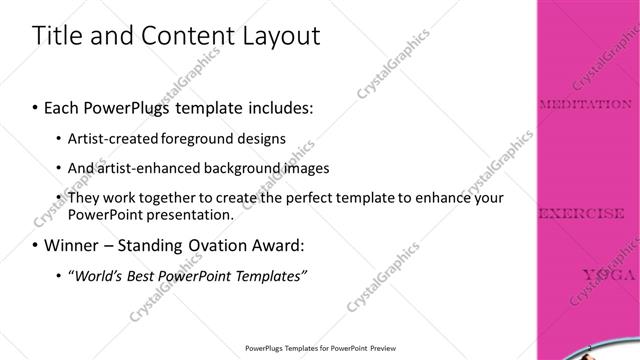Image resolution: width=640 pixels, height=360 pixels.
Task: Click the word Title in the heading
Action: pos(59,37)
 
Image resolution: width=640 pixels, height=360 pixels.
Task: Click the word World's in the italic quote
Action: pos(100,275)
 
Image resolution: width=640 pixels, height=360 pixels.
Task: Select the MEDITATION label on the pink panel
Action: pos(585,103)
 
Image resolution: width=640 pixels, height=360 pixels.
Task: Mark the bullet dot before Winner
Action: pos(36,245)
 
